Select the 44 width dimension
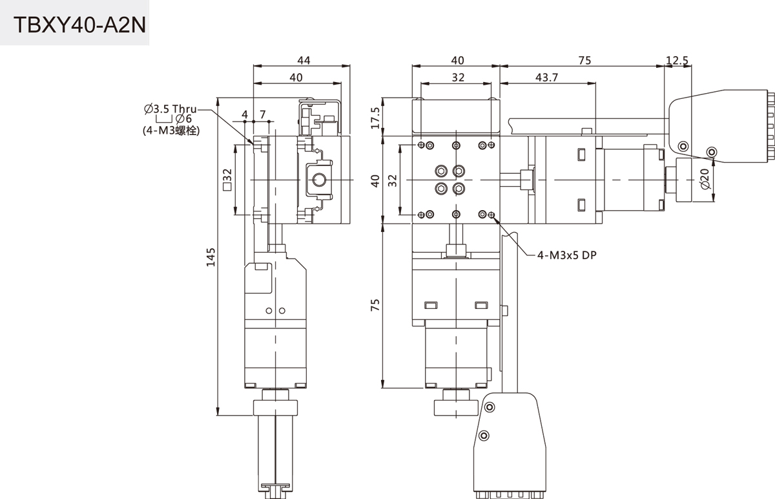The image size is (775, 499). click(303, 60)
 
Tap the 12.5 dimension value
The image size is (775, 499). click(677, 60)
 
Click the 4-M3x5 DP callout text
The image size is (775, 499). click(566, 255)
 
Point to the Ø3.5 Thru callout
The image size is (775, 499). click(170, 108)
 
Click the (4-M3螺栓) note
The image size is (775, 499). click(171, 130)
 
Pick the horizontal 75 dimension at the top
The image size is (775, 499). click(584, 60)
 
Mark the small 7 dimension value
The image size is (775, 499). click(262, 114)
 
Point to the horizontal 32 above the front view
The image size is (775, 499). click(457, 78)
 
